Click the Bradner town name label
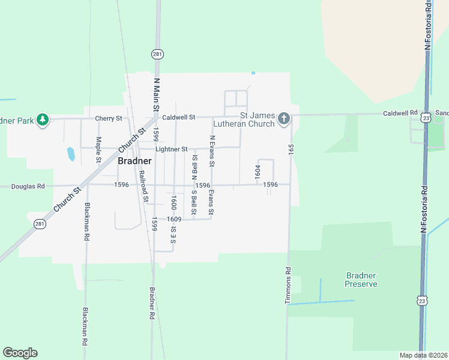pyautogui.click(x=134, y=161)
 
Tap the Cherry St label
pyautogui.click(x=108, y=118)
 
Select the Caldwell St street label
pyautogui.click(x=179, y=118)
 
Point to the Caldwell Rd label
pyautogui.click(x=400, y=113)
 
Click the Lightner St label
pyautogui.click(x=172, y=149)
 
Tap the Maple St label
pyautogui.click(x=98, y=149)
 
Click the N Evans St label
pyautogui.click(x=212, y=151)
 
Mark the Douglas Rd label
pyautogui.click(x=28, y=187)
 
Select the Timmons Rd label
pyautogui.click(x=288, y=285)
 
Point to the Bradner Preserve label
pyautogui.click(x=361, y=280)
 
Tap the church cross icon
pyautogui.click(x=284, y=120)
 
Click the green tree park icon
pyautogui.click(x=42, y=120)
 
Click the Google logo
pyautogui.click(x=20, y=353)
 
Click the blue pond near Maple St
pyautogui.click(x=71, y=154)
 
